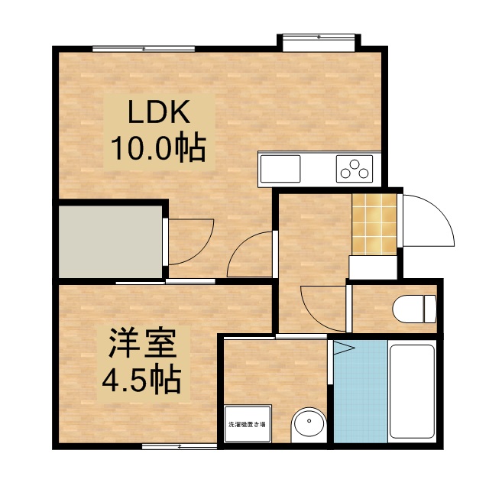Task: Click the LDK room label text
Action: coord(158,113)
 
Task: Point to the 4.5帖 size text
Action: coord(143,377)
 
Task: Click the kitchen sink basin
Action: coord(280,168)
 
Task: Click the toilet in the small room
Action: coord(413,309)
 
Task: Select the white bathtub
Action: coord(412,390)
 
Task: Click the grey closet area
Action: coord(111,241)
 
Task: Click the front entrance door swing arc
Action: coord(428,222)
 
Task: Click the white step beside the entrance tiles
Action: coord(372,267)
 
